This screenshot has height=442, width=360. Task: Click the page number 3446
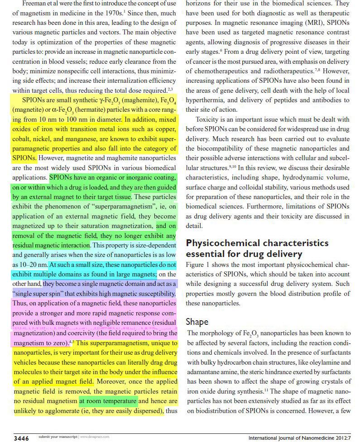tap(21, 438)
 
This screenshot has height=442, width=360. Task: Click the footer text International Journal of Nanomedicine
tap(295, 438)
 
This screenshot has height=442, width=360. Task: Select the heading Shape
tap(197, 322)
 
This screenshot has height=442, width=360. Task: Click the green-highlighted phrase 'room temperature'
tap(108, 401)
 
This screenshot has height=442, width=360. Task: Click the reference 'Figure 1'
tap(198, 264)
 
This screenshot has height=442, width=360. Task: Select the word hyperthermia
tap(206, 100)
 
